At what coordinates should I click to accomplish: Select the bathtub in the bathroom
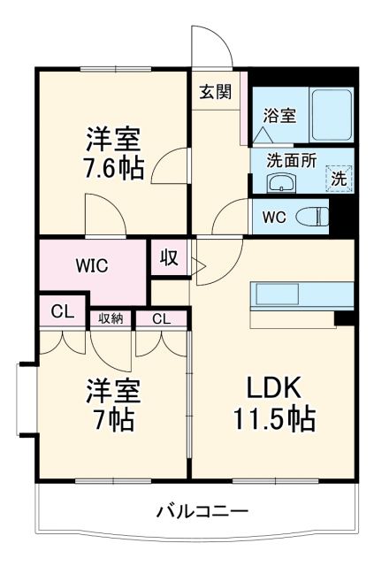332,112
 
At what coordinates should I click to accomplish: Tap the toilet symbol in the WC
309,216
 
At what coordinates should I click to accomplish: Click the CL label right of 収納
161,318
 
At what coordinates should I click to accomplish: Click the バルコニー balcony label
202,511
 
